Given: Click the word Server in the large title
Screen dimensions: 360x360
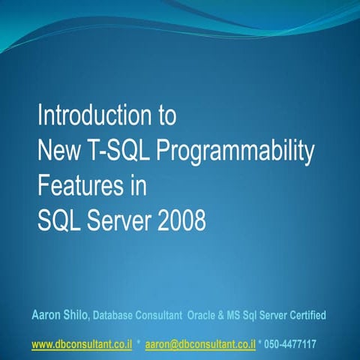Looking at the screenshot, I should click(115, 221).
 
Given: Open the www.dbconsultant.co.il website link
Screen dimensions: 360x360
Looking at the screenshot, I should click(82, 345).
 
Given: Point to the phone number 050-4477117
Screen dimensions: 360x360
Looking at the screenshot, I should click(289, 345).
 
